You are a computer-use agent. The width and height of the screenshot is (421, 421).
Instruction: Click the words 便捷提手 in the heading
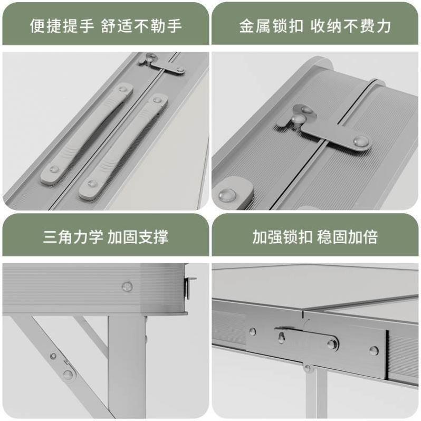click(x=62, y=26)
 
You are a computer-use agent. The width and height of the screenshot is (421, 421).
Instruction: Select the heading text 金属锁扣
click(x=271, y=26)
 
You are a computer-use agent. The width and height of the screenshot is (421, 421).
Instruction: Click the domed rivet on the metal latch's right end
click(x=360, y=141)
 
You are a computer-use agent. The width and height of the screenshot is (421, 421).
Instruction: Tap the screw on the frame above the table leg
click(x=127, y=286)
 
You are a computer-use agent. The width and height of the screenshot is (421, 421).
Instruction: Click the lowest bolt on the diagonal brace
click(x=68, y=375)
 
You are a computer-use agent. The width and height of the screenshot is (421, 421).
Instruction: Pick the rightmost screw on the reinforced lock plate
click(x=374, y=350)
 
